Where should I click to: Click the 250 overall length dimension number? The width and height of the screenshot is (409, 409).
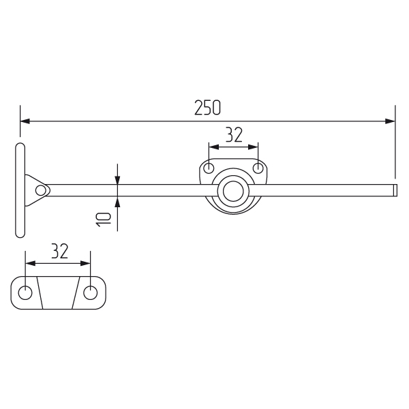point(208,108)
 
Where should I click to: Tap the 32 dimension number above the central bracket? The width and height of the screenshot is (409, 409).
point(234,135)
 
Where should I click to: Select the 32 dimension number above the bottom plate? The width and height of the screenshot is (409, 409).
point(60,251)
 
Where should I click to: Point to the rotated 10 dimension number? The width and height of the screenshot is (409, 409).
point(104,219)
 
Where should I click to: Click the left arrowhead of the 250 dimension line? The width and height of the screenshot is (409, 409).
point(25,121)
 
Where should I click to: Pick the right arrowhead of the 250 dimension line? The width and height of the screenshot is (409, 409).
point(390,121)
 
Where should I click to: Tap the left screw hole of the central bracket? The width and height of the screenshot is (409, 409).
point(209,168)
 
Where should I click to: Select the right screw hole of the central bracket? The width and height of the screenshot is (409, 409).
point(258,168)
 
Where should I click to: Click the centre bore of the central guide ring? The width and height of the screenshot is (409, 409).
point(233,191)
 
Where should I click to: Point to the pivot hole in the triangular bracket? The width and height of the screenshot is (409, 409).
point(40,190)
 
